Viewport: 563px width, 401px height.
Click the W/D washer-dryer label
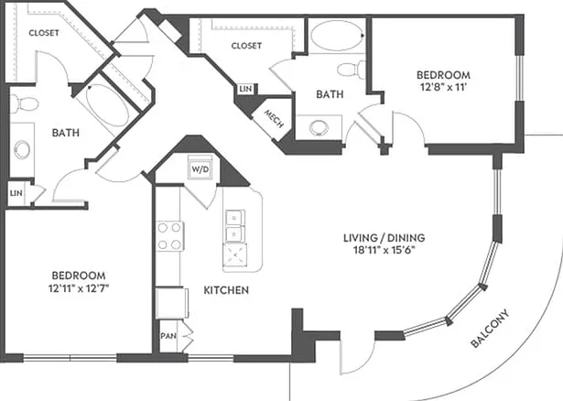(200, 169)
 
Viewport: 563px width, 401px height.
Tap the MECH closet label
(274, 118)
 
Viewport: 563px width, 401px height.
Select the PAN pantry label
(168, 336)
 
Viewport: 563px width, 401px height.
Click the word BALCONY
(490, 329)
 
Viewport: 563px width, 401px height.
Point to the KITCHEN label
(226, 290)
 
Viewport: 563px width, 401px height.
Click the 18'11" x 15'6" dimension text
(384, 250)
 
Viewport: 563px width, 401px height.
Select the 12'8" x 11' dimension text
(443, 87)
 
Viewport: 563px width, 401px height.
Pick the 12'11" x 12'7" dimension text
(79, 287)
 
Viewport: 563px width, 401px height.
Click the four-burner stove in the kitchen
(170, 236)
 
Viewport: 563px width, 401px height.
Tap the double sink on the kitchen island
(235, 227)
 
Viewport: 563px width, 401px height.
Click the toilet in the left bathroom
(24, 104)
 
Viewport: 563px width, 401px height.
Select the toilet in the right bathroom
(352, 70)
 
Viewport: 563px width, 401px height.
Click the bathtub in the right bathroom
(337, 36)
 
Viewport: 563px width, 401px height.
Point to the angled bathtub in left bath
(107, 104)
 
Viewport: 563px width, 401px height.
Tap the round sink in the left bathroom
(22, 150)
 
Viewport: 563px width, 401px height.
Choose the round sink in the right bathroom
(319, 127)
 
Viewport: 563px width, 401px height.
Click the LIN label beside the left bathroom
(16, 193)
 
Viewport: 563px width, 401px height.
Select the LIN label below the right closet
(245, 88)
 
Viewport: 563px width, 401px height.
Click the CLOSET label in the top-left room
(44, 33)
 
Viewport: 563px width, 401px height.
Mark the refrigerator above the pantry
(171, 303)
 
